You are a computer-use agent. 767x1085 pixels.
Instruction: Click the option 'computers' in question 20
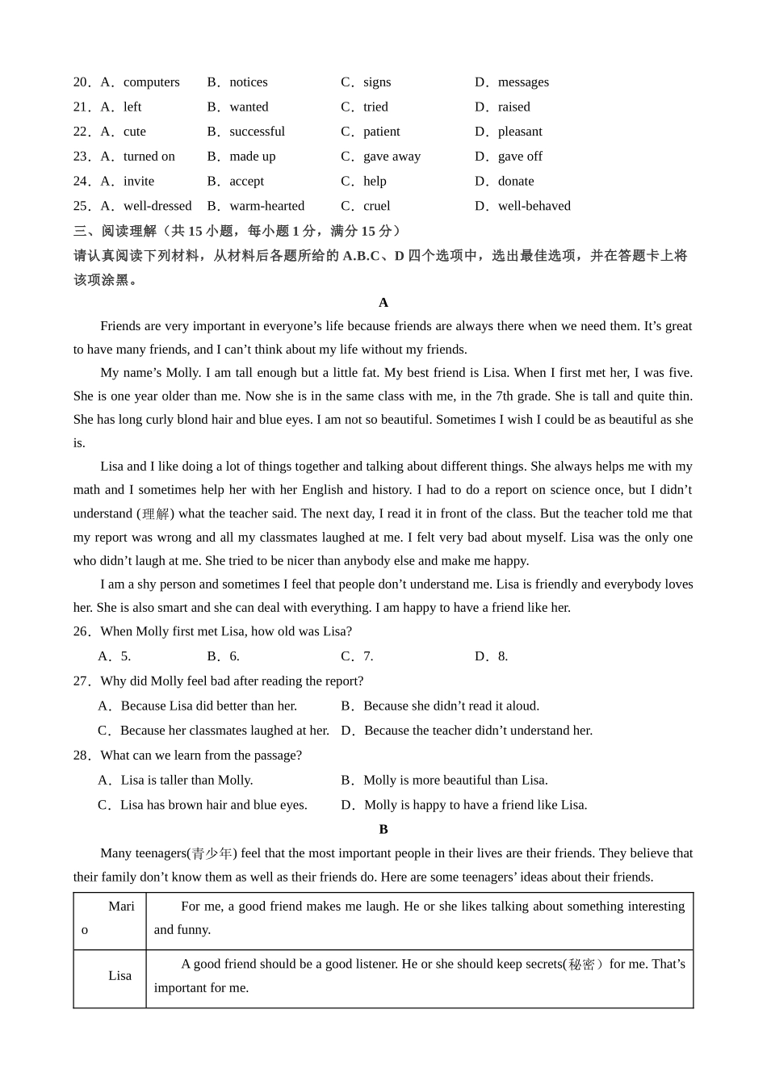(151, 82)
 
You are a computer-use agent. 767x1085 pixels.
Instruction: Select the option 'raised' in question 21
(513, 107)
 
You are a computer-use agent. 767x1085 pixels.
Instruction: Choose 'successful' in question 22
(257, 132)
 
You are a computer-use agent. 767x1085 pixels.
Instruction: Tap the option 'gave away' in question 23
(392, 157)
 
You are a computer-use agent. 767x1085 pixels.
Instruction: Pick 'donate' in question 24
(516, 182)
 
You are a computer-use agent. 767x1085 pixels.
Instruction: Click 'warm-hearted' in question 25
(266, 207)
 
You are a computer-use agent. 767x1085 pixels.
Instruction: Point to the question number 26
(82, 632)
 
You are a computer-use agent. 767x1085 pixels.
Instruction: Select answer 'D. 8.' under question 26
(492, 657)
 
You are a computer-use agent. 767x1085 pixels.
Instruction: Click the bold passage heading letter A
(383, 303)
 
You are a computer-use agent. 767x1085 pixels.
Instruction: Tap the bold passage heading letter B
(383, 830)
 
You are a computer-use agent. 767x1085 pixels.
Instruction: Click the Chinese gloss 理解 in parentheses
(156, 514)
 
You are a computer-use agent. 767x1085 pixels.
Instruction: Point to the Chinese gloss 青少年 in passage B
(212, 854)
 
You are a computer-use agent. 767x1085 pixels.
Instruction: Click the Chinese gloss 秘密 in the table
(582, 965)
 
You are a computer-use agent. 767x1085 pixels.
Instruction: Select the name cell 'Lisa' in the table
(120, 976)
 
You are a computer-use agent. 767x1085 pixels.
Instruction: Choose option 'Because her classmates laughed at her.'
(224, 731)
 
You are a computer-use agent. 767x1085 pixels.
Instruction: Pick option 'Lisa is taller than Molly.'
(187, 781)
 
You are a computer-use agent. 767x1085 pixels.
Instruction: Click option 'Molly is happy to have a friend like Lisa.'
(476, 806)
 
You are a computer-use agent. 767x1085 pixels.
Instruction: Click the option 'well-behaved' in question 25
(534, 207)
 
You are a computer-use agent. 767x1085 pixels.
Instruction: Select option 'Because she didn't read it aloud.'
(451, 706)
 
